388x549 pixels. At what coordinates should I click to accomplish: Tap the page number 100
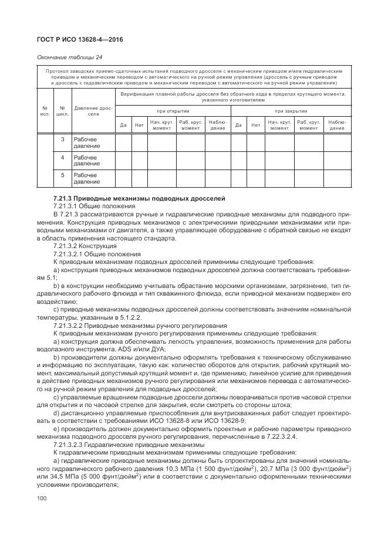pos(42,498)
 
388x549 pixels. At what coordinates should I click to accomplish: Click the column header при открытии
pos(173,110)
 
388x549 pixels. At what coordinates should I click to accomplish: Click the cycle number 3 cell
pos(63,140)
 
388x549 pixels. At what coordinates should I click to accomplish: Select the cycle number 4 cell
pos(63,157)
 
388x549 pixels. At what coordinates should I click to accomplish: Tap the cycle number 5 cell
pos(63,175)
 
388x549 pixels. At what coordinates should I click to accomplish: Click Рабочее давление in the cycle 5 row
pos(86,178)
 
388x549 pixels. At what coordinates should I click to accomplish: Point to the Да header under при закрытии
pos(238,124)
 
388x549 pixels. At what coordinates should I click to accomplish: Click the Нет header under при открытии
pos(139,124)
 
